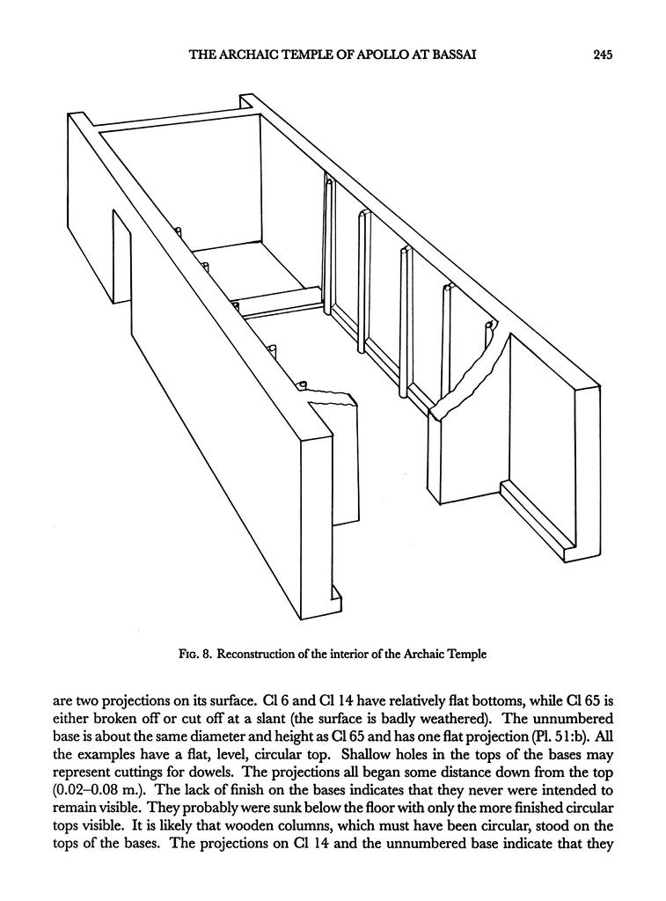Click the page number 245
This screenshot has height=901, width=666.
tap(602, 55)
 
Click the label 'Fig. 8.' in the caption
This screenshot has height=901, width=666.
tap(197, 655)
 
